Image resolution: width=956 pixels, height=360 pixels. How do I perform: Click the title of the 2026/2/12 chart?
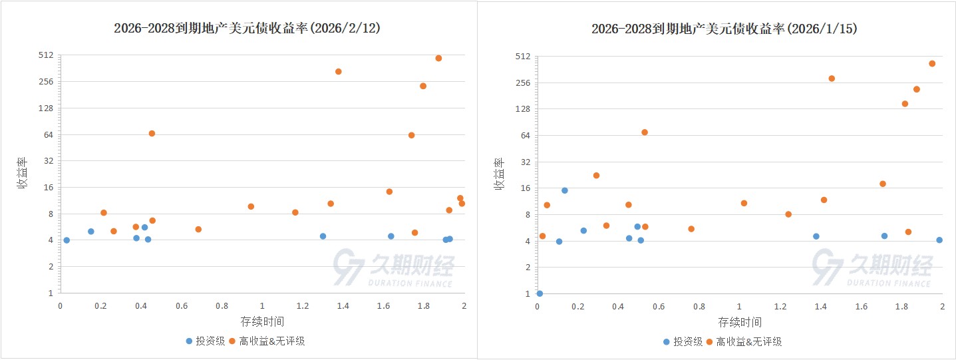pyautogui.click(x=247, y=28)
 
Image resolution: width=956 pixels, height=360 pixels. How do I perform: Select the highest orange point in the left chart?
pyautogui.click(x=438, y=58)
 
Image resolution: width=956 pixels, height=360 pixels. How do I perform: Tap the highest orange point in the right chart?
pyautogui.click(x=932, y=64)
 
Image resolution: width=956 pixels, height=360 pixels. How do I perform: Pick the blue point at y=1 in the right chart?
pyautogui.click(x=540, y=293)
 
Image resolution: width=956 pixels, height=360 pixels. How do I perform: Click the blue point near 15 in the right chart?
pyautogui.click(x=565, y=190)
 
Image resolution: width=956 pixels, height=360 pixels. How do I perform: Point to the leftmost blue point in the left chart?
pyautogui.click(x=67, y=240)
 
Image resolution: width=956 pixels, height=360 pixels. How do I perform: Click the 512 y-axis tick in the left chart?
pyautogui.click(x=46, y=55)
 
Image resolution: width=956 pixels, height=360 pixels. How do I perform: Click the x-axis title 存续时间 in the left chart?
pyautogui.click(x=262, y=322)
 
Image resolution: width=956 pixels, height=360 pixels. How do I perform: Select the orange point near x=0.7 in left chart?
pyautogui.click(x=198, y=229)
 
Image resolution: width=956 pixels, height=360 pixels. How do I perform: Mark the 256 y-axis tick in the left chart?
pyautogui.click(x=46, y=82)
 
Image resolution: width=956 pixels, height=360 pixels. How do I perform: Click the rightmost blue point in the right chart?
pyautogui.click(x=939, y=240)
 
